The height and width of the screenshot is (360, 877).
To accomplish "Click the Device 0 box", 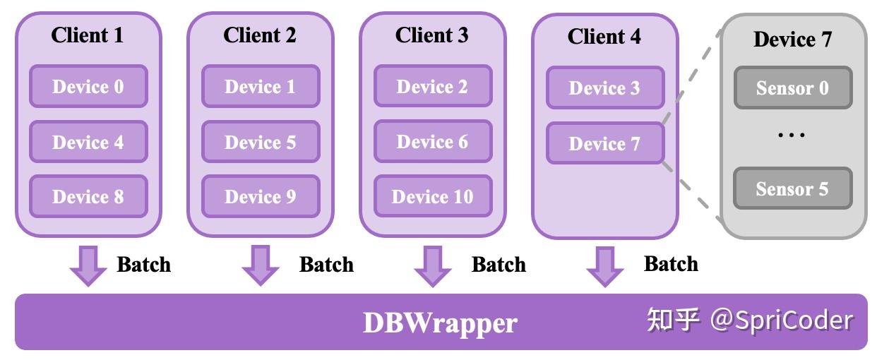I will (88, 86).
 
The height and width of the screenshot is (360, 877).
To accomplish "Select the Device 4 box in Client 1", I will (88, 142).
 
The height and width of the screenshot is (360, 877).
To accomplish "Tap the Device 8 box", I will (88, 196).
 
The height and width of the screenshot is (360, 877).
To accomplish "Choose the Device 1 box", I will (261, 86).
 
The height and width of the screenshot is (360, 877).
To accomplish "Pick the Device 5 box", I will (261, 142).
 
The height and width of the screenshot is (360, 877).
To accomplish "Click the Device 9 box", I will (261, 196).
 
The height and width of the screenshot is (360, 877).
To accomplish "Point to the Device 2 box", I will (433, 86).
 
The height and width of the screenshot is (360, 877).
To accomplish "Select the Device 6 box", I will (433, 142).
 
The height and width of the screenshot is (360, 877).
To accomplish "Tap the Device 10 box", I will (433, 196).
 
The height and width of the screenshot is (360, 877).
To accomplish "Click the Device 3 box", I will (605, 88).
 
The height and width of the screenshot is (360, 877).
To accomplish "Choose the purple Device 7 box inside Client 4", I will (605, 143).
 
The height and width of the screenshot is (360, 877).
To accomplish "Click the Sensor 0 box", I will (792, 88).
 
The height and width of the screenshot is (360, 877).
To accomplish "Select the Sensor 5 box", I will (792, 188).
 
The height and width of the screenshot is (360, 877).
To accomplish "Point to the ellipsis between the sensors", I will (792, 135).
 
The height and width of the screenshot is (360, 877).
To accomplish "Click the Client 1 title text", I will (88, 35).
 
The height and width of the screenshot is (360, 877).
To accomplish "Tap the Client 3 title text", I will (431, 35).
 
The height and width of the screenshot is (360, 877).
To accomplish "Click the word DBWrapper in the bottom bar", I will (440, 323).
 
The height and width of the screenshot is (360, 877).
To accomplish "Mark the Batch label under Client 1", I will (143, 265).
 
